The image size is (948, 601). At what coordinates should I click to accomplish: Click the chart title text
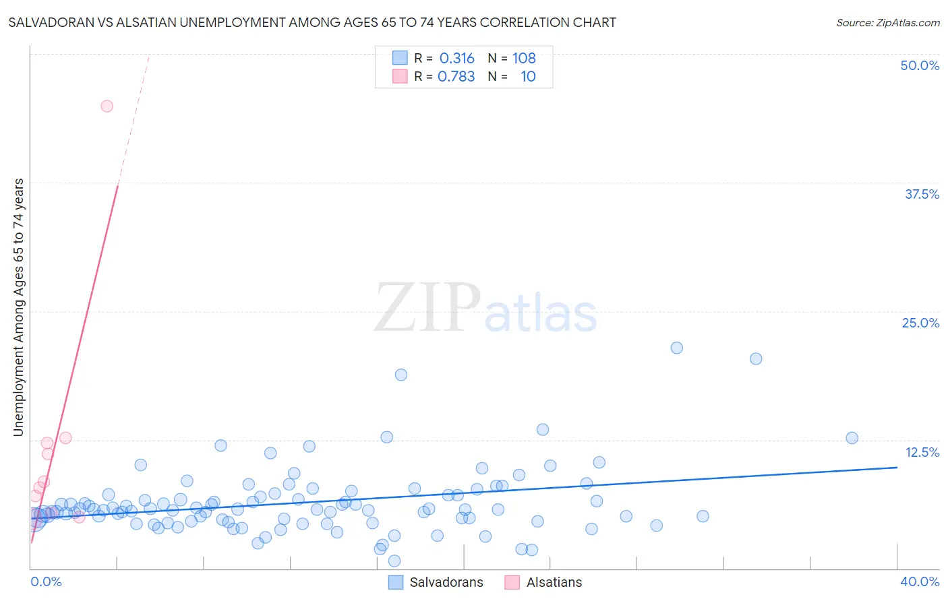click(312, 23)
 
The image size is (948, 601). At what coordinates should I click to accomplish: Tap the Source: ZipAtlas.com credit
click(887, 23)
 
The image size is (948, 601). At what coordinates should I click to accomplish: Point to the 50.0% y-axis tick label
click(920, 65)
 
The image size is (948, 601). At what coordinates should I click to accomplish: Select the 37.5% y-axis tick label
click(922, 194)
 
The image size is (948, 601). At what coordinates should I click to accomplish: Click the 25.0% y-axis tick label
click(920, 323)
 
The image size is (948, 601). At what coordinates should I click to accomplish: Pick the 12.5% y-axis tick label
click(922, 452)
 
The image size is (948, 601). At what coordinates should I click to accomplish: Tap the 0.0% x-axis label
click(46, 581)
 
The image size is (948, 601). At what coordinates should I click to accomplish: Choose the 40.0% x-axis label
click(920, 581)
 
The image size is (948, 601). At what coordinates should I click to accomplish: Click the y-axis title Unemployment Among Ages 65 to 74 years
click(19, 307)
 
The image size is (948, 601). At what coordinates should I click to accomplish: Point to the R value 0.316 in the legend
click(456, 59)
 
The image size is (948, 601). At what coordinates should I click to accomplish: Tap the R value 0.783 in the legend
click(456, 77)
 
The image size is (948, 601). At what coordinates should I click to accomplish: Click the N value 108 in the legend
click(524, 59)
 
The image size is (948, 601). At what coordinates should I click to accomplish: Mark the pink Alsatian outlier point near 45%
click(107, 106)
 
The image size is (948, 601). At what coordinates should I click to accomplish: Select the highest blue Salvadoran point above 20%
click(676, 348)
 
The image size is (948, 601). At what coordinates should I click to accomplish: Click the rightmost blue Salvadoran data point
click(852, 438)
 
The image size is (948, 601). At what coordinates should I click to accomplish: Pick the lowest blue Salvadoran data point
click(394, 561)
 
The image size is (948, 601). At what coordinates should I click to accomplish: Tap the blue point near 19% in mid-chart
click(401, 375)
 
